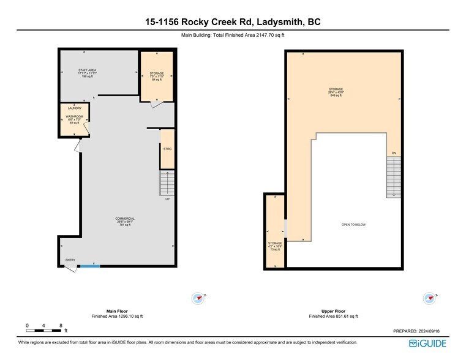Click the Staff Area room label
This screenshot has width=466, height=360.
(88, 73)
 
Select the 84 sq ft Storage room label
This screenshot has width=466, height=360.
(157, 77)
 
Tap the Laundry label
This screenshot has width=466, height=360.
(75, 108)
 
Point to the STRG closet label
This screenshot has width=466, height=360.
(167, 149)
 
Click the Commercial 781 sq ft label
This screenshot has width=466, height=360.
(125, 222)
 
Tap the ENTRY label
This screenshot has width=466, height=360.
(70, 260)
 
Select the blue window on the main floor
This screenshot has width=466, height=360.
(90, 266)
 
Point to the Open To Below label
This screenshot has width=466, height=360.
(353, 225)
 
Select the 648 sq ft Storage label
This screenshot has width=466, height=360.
(336, 92)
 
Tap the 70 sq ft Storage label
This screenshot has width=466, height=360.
(275, 246)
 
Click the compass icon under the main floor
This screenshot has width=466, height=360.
(198, 298)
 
